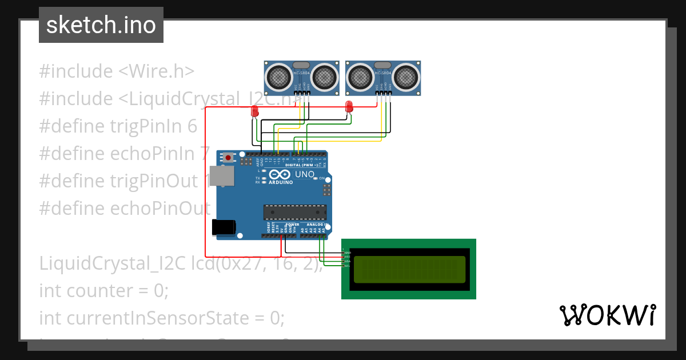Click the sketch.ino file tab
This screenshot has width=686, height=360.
point(101,25)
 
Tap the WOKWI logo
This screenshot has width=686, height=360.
point(607,315)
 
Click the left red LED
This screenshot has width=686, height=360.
point(255,112)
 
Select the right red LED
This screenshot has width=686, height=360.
point(349,106)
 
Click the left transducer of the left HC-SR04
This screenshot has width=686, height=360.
point(280,75)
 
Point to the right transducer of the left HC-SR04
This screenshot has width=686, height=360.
point(324,75)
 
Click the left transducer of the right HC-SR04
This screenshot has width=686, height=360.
point(361,75)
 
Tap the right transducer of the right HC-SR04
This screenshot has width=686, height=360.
point(405,75)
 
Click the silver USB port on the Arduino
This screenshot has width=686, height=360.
point(221,177)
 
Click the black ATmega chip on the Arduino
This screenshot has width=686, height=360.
point(295,212)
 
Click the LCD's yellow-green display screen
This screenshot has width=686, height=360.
point(409,269)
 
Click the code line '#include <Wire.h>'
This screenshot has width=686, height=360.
point(117,71)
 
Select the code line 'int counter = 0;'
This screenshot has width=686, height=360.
point(104,291)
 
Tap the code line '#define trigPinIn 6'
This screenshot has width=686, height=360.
point(118,126)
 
